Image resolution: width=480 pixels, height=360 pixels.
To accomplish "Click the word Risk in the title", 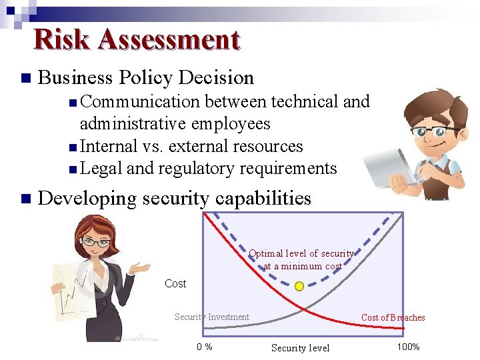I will click(x=61, y=40).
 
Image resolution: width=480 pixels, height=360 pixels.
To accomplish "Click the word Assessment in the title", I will click(x=168, y=40).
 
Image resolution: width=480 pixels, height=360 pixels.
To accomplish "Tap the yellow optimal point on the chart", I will click(x=299, y=286).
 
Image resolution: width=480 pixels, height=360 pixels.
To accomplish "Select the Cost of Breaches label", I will click(x=393, y=318).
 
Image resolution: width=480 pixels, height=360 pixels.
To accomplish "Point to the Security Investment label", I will click(x=211, y=317).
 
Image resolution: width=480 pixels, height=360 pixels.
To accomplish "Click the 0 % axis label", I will click(x=205, y=347).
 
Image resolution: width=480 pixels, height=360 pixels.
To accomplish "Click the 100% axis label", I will click(x=408, y=347).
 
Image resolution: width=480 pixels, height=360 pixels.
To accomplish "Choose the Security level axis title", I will click(x=300, y=348).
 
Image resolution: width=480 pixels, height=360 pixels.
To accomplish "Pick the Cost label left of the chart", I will click(x=175, y=284).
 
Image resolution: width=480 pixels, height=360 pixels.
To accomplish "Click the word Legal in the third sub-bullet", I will click(x=101, y=168).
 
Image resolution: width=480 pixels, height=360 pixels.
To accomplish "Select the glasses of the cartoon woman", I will click(x=96, y=242).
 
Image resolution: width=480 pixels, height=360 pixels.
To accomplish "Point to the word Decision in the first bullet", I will click(x=215, y=78).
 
